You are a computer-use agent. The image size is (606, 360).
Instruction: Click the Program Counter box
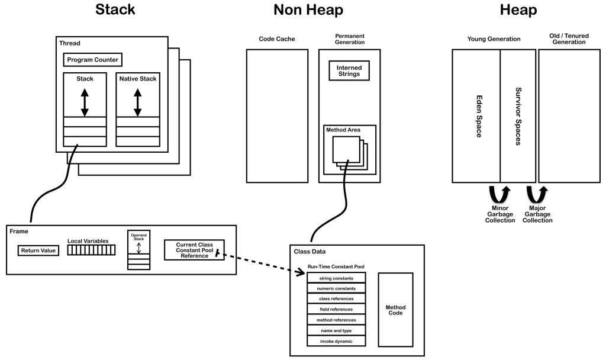pyautogui.click(x=93, y=60)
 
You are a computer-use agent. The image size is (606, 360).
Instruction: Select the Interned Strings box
pyautogui.click(x=349, y=71)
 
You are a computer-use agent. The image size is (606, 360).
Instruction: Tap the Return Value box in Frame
pyautogui.click(x=38, y=250)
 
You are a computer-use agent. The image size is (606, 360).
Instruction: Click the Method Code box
pyautogui.click(x=395, y=310)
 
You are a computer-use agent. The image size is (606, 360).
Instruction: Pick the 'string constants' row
pyautogui.click(x=336, y=277)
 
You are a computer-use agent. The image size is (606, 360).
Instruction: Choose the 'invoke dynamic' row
pyautogui.click(x=336, y=341)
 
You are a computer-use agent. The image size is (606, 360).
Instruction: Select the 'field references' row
pyautogui.click(x=336, y=309)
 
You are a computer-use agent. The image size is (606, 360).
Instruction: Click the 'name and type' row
pyautogui.click(x=336, y=330)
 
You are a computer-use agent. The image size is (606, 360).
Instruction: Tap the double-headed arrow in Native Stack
pyautogui.click(x=138, y=102)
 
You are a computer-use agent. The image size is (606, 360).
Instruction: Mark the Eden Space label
pyautogui.click(x=477, y=115)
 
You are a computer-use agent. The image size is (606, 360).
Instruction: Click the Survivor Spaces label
pyautogui.click(x=518, y=115)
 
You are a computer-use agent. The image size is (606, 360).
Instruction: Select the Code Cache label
pyautogui.click(x=277, y=39)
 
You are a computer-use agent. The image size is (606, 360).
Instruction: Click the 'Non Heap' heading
pyautogui.click(x=308, y=10)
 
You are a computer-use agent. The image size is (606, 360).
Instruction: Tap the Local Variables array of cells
pyautogui.click(x=91, y=250)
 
